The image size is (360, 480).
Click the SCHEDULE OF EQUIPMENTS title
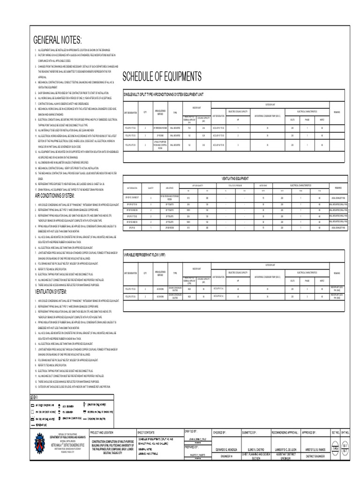[162, 76]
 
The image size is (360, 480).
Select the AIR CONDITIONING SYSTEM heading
[61, 195]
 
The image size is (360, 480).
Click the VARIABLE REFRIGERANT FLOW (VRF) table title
[144, 254]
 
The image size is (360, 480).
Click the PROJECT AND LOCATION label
[102, 432]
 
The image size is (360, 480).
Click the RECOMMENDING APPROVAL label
[285, 432]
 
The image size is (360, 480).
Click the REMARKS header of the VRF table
[337, 272]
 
